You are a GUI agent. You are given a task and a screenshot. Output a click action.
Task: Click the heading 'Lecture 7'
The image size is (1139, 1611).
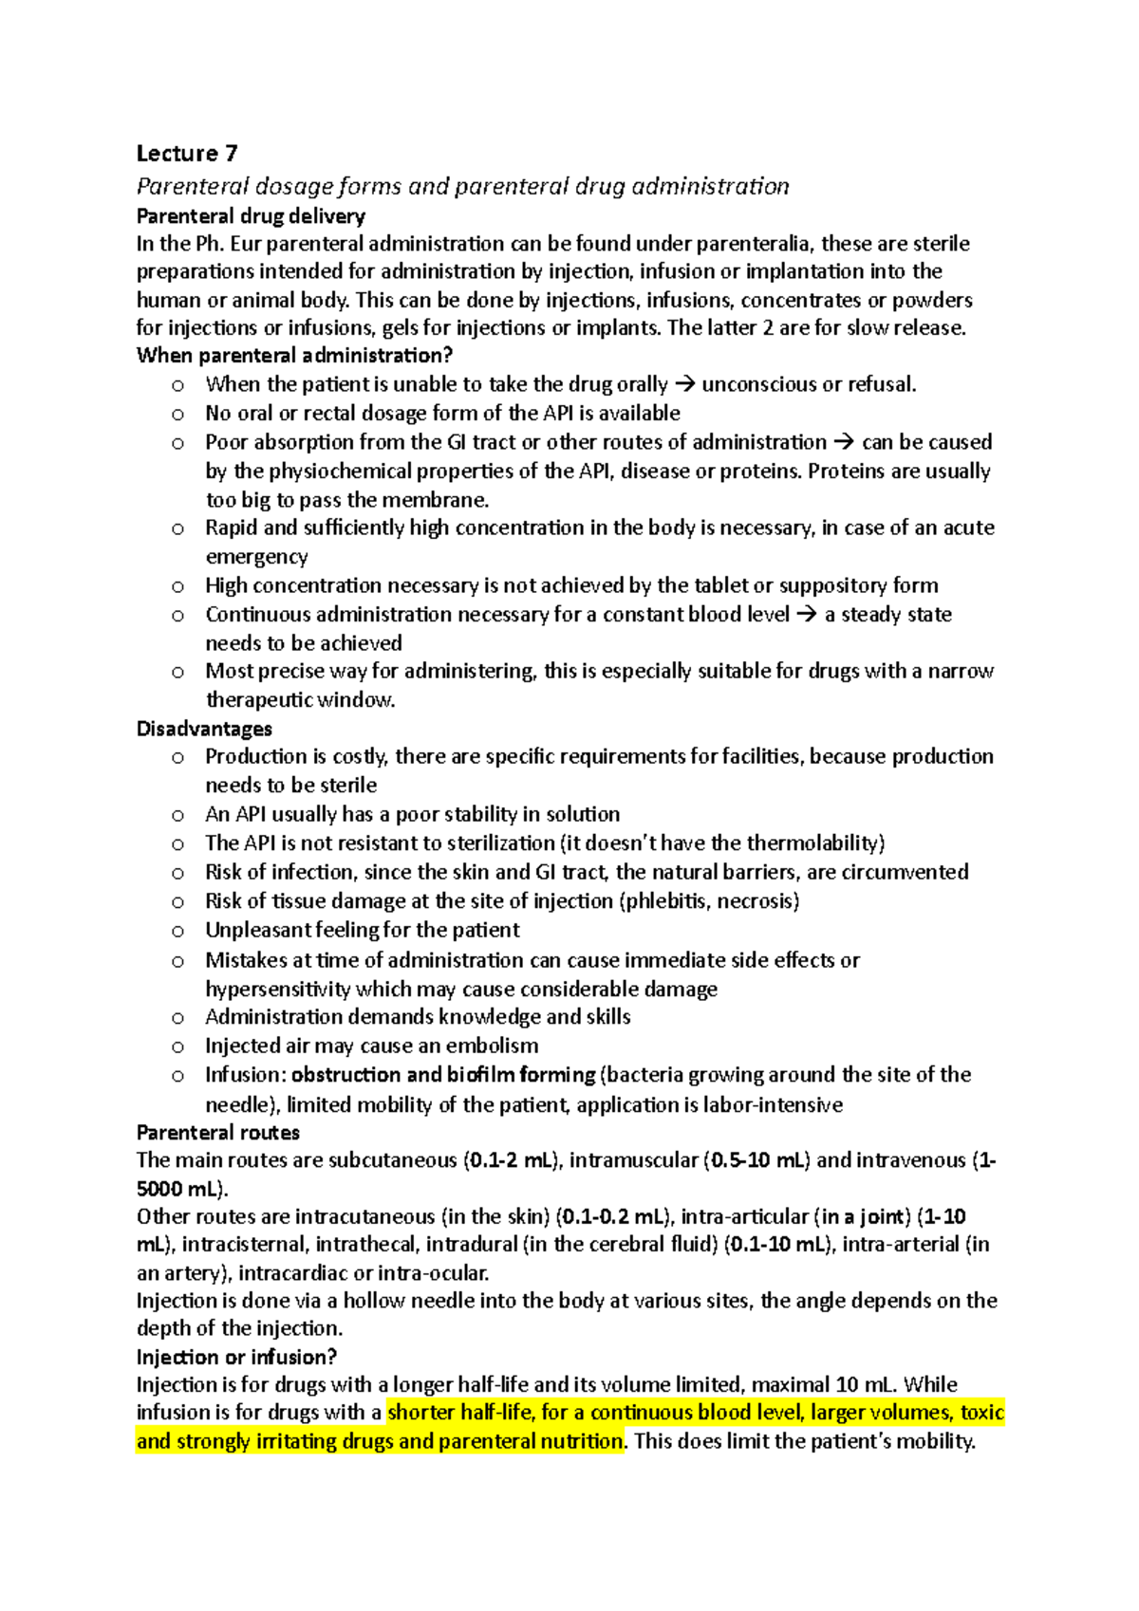click(187, 154)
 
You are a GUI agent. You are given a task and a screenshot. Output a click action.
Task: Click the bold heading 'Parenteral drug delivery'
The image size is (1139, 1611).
click(251, 216)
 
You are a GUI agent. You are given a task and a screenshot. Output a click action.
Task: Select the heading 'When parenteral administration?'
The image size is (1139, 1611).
click(294, 356)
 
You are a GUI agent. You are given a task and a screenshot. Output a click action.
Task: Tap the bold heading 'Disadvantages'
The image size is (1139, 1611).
click(204, 729)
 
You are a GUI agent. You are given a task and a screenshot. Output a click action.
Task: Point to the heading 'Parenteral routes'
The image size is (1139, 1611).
click(218, 1132)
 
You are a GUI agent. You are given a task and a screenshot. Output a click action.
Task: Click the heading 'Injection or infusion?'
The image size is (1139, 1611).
click(236, 1357)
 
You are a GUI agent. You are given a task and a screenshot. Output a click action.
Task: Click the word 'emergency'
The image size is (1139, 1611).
click(256, 557)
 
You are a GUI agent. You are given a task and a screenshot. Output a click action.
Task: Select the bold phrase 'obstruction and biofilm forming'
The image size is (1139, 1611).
click(443, 1075)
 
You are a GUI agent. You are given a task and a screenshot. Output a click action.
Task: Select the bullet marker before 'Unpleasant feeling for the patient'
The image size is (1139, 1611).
click(177, 931)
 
